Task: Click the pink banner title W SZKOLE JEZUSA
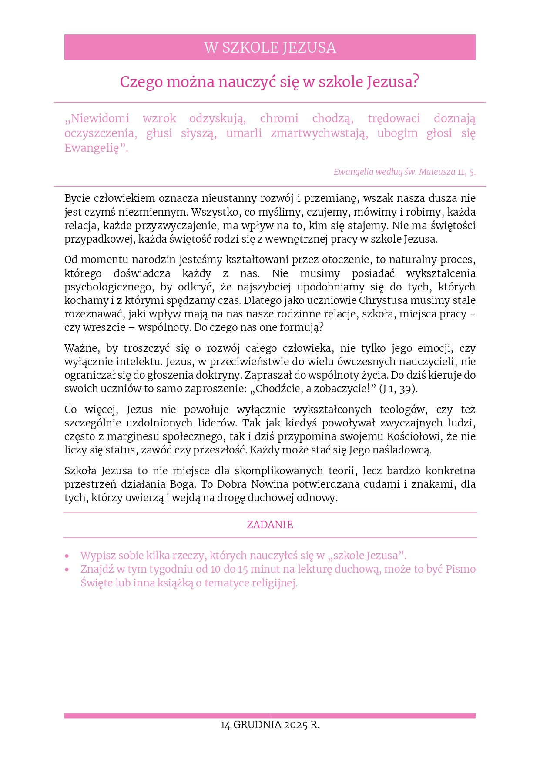click(270, 47)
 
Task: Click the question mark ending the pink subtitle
click(416, 81)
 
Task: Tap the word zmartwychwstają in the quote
click(319, 133)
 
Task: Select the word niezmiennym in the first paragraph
click(155, 212)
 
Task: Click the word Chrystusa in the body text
click(377, 300)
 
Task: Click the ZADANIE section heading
click(270, 525)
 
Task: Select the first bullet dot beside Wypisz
click(67, 556)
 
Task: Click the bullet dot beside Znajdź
click(67, 570)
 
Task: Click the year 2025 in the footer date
click(295, 725)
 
